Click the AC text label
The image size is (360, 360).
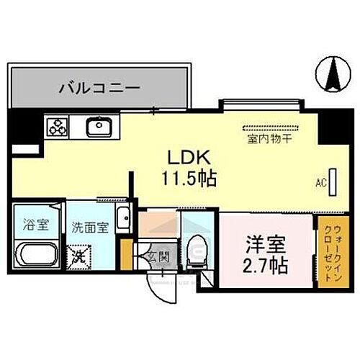point(321,184)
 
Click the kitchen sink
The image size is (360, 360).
point(98,128)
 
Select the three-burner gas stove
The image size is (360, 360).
point(56,128)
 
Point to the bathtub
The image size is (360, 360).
point(38,255)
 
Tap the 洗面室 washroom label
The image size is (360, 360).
point(91,227)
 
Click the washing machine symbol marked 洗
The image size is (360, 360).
point(78,254)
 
